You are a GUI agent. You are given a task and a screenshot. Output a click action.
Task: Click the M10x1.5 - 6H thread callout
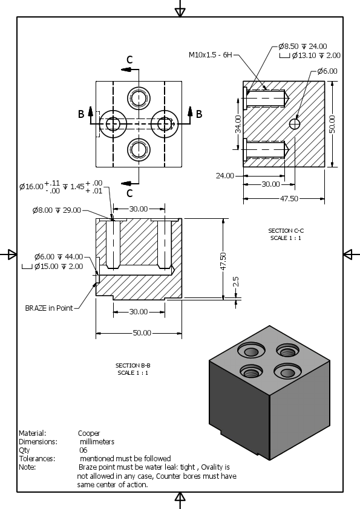coord(210,54)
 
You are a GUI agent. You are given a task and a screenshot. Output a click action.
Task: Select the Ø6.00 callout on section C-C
coord(327,71)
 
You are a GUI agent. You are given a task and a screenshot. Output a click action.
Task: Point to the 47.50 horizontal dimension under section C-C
coord(289,198)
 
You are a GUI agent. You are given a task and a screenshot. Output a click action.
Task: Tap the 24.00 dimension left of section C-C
coord(224,176)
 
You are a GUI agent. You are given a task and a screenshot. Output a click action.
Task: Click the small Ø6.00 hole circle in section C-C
coord(294,124)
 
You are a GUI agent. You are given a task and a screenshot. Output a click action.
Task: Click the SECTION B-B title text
coord(133,365)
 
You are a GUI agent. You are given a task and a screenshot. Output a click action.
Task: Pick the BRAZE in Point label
coord(48,308)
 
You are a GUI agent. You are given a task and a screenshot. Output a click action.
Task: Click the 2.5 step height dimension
coord(236,281)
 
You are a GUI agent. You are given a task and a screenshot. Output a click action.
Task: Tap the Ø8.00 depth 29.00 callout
coord(56,210)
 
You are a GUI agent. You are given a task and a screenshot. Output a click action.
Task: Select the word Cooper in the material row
coord(89,433)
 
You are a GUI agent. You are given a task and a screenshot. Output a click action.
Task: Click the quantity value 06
coord(83,450)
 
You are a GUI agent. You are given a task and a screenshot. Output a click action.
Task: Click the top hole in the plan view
coord(139,97)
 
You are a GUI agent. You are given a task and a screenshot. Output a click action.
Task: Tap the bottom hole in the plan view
coord(139,149)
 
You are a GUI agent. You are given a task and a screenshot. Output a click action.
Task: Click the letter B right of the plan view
coord(199,114)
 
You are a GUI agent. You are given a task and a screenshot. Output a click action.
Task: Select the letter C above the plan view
coord(129,59)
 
